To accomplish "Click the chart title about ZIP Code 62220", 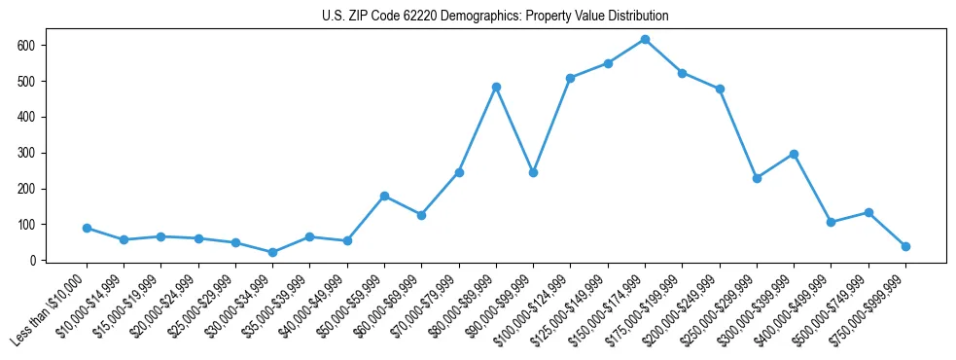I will (495, 17).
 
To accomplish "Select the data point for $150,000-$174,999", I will (645, 40).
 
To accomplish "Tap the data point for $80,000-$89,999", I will (496, 87).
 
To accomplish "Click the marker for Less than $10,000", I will (87, 228).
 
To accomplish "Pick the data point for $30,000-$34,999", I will (272, 253).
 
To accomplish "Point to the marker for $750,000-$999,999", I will (905, 246).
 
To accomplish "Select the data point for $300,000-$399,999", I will (794, 154).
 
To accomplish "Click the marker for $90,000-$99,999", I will (533, 172).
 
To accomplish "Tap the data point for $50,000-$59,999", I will (384, 197).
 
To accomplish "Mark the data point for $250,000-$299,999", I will (757, 178).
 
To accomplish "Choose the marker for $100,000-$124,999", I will (570, 78).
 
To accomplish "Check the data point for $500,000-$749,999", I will (868, 212).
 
